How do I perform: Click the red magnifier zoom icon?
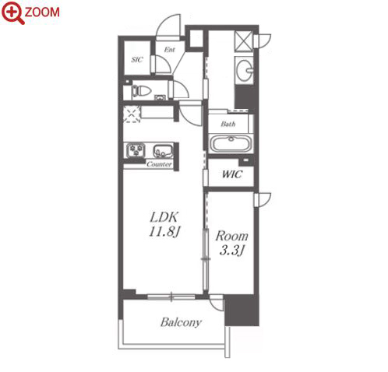[12, 12]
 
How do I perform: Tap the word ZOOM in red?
[42, 12]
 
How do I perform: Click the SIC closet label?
[137, 60]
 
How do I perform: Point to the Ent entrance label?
[169, 49]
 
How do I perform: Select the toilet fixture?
[141, 91]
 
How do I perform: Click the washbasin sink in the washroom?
[245, 70]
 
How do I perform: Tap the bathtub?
[231, 144]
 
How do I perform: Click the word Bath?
[228, 124]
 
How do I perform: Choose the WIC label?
[232, 174]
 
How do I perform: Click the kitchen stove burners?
[136, 151]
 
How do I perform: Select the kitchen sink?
[163, 151]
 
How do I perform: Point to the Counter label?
[159, 164]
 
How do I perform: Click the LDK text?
[164, 217]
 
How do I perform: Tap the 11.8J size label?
[164, 231]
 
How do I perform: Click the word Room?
[231, 236]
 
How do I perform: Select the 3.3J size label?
[231, 251]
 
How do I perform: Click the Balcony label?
[181, 322]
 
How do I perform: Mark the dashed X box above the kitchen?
[132, 114]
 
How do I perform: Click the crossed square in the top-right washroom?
[244, 40]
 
